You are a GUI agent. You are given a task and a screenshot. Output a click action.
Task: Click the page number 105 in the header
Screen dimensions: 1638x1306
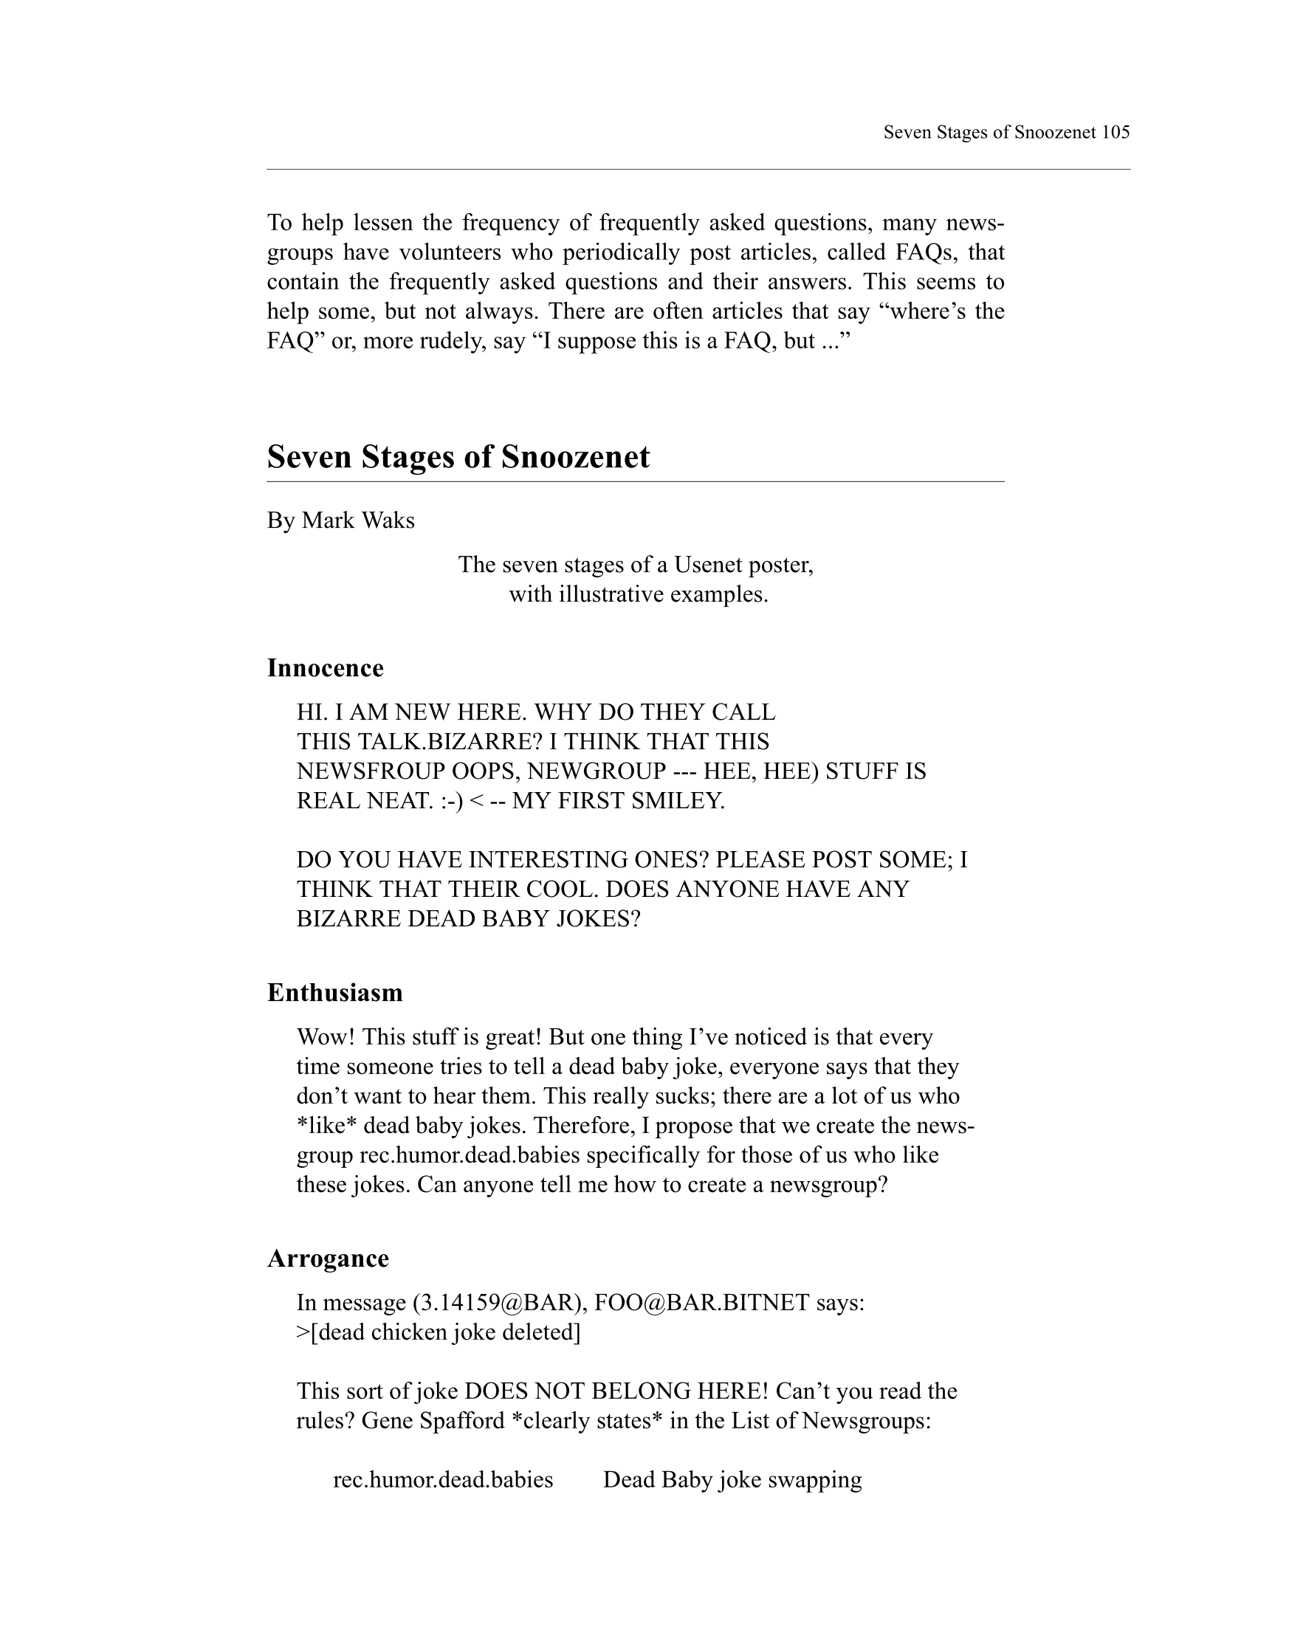point(1115,132)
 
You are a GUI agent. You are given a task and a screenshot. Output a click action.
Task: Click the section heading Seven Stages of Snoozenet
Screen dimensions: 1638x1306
point(458,457)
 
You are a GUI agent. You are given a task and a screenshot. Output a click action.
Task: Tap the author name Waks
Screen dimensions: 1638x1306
point(389,520)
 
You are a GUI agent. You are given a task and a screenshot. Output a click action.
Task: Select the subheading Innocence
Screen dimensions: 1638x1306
point(325,668)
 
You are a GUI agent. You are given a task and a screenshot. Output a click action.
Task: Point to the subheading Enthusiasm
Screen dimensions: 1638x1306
point(334,992)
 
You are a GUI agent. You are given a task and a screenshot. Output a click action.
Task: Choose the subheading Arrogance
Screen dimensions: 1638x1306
point(328,1258)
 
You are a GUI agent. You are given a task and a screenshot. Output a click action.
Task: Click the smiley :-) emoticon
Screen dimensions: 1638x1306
point(451,801)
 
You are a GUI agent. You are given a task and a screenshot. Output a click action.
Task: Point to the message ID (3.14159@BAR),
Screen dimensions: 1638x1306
point(498,1303)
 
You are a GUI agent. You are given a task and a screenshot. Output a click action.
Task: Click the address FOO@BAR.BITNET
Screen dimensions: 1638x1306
point(701,1303)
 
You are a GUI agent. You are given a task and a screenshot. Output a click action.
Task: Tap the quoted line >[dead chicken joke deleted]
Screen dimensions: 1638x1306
point(439,1332)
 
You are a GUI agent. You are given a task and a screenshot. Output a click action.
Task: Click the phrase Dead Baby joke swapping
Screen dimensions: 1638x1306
point(732,1480)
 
